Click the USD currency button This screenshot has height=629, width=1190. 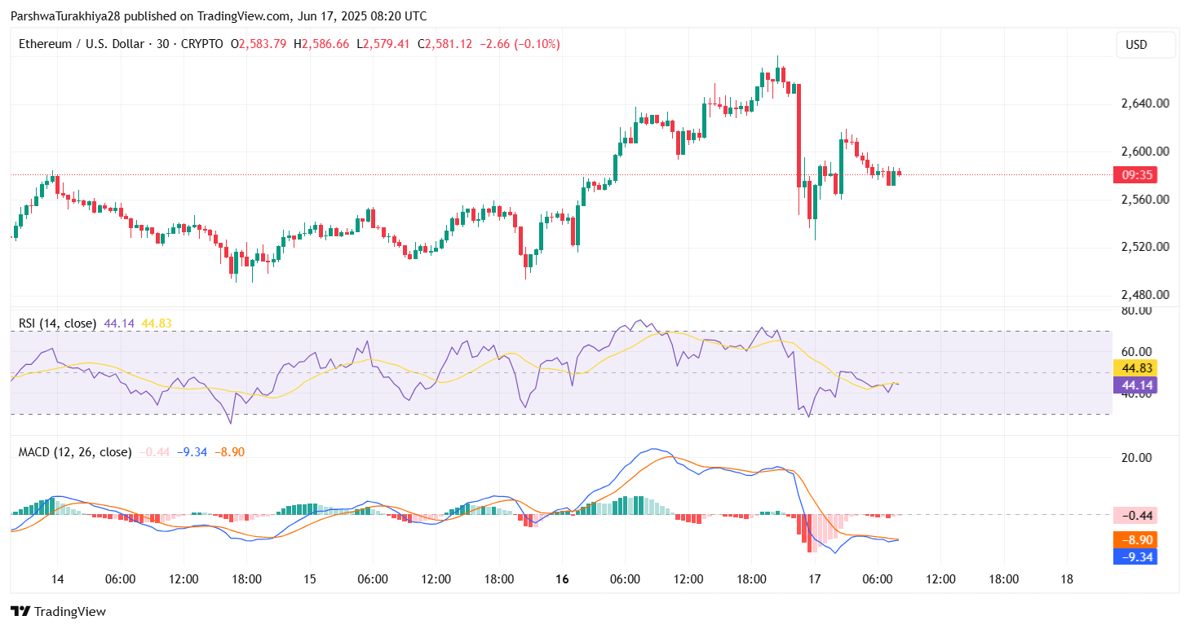[x=1145, y=45]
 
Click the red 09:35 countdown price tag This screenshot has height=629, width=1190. [x=1136, y=174]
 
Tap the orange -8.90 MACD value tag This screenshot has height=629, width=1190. [x=1135, y=540]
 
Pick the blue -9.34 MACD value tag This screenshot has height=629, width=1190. [x=1135, y=557]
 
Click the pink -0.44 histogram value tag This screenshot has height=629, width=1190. [x=1135, y=515]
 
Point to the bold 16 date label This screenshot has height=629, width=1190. [x=561, y=579]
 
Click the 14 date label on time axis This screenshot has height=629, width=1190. [x=56, y=579]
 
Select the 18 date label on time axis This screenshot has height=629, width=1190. [x=1066, y=579]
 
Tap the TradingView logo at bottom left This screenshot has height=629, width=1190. [x=58, y=611]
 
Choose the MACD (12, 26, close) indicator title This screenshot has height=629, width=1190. [x=75, y=451]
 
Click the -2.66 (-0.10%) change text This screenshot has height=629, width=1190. [x=519, y=44]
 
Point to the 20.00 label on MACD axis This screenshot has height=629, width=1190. [x=1137, y=458]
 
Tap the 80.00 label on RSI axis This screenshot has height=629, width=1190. [x=1137, y=310]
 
